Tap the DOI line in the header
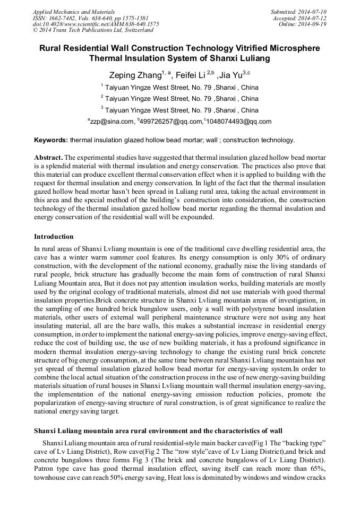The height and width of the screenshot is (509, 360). coord(96,24)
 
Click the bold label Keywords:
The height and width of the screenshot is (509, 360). coord(51,140)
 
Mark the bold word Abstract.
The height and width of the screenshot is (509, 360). coord(49,158)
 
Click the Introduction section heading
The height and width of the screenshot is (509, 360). coord(54,236)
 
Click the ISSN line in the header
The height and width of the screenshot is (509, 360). coord(92,18)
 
